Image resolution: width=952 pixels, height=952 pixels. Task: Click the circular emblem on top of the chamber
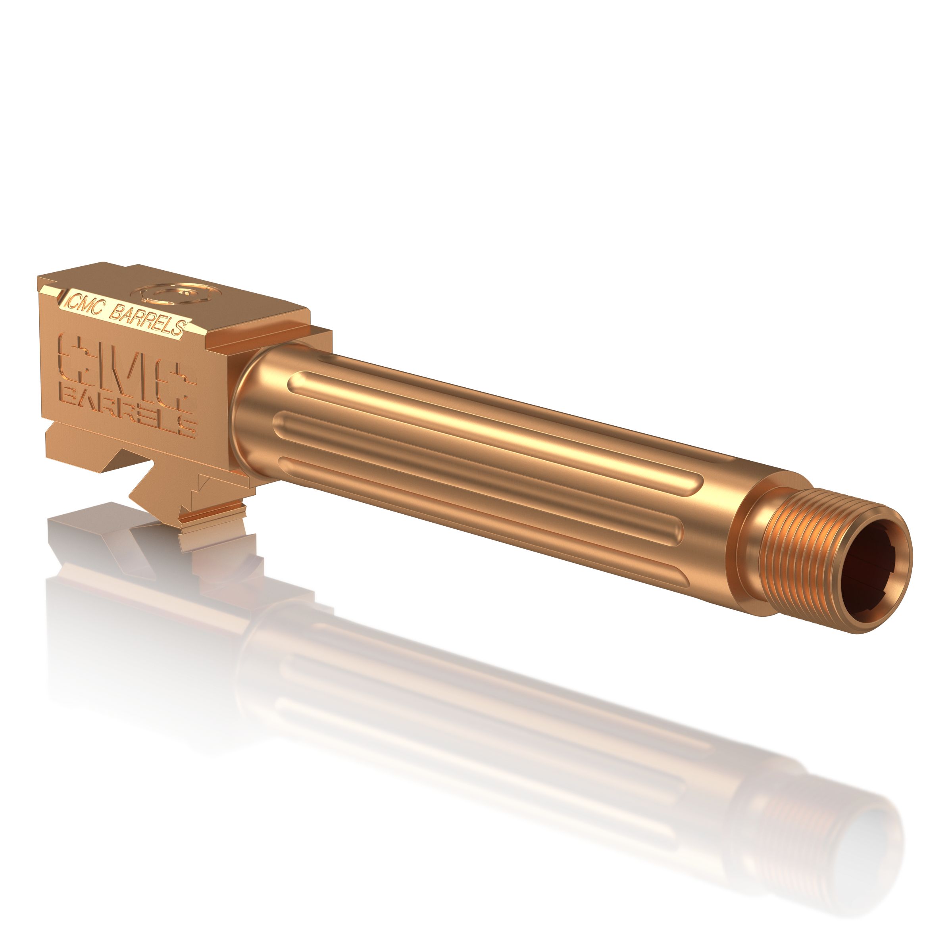click(x=177, y=295)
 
